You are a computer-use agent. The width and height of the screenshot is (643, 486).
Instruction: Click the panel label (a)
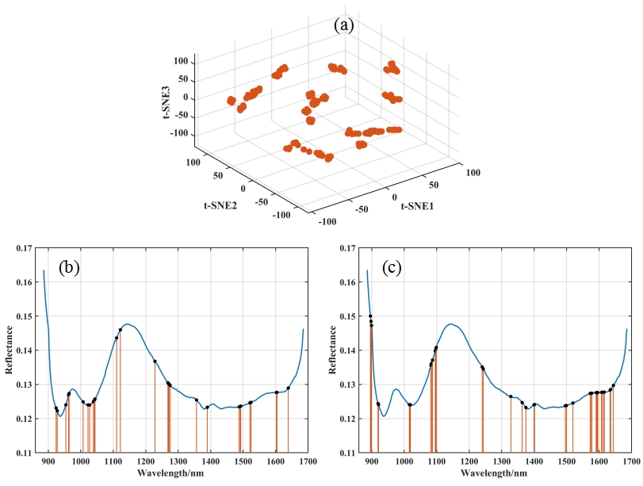click(x=343, y=25)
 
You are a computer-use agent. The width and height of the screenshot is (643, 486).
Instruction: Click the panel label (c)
click(x=392, y=267)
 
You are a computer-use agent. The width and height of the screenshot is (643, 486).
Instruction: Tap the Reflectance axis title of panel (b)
click(x=10, y=350)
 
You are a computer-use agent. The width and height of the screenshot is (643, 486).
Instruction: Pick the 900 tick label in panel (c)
click(x=372, y=461)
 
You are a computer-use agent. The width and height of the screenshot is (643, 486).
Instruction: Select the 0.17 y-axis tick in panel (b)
click(x=26, y=248)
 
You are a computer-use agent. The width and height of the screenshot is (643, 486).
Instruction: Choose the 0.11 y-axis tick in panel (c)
click(x=350, y=453)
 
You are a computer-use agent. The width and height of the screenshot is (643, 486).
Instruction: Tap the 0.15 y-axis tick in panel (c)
click(x=350, y=316)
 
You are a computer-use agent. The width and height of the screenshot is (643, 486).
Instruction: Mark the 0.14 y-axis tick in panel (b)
click(x=26, y=350)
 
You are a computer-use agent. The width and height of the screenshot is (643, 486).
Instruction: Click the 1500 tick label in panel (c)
click(x=565, y=461)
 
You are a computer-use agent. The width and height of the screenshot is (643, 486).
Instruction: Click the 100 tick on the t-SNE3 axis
click(x=182, y=61)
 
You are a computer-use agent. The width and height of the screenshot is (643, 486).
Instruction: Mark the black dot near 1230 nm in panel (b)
click(x=155, y=362)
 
